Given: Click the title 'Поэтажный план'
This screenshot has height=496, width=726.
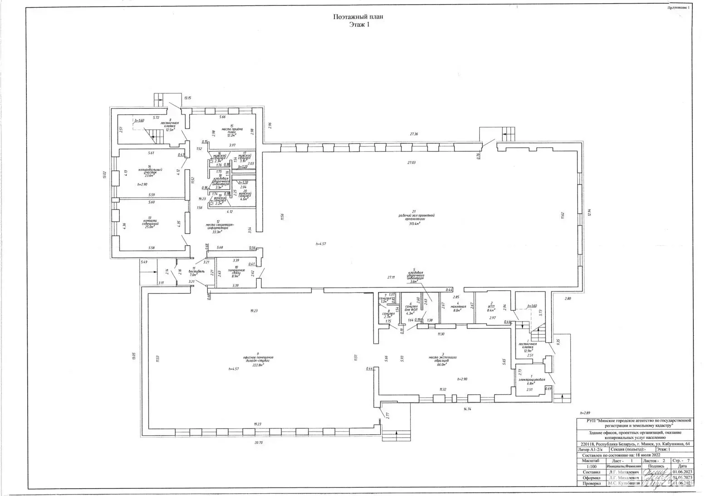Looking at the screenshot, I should point(358,17).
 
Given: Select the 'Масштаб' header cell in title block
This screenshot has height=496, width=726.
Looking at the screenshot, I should point(589,460).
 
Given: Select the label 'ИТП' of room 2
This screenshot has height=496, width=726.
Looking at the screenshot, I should point(491,306).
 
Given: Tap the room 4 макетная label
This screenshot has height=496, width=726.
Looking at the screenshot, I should point(458,307).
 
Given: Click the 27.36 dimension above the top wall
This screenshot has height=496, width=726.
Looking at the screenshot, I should point(414,134).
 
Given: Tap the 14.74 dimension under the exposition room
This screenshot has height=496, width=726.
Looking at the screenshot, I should point(467,408).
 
